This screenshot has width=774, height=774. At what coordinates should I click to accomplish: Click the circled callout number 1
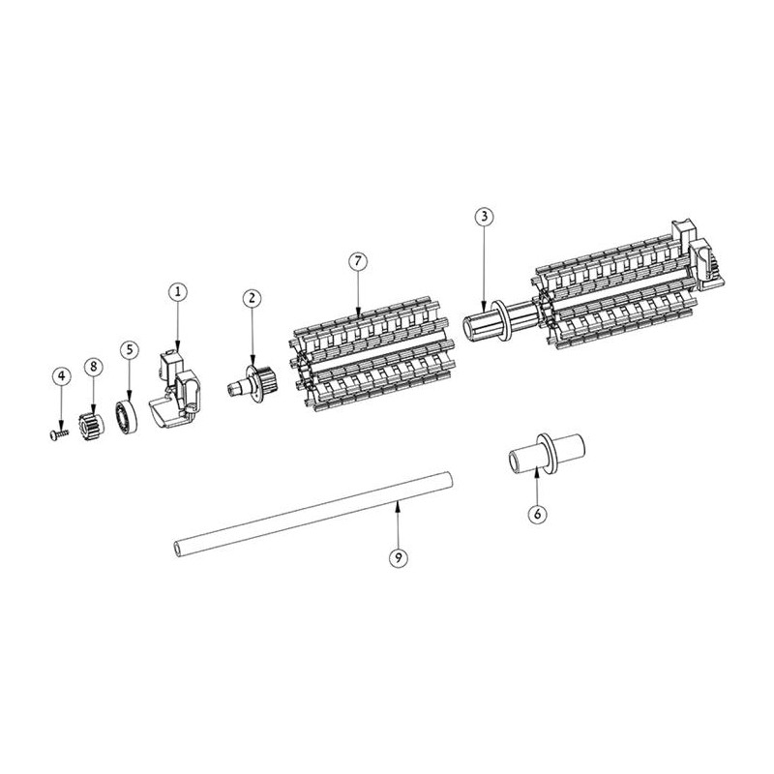tap(178, 292)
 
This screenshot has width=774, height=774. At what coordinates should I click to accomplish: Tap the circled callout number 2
tap(253, 298)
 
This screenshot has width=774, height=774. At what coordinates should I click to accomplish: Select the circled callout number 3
tap(484, 216)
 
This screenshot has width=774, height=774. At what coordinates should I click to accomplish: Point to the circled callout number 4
tap(61, 376)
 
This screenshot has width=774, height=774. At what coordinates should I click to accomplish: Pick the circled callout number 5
tap(130, 350)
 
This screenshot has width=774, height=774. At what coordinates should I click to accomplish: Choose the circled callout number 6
tap(537, 514)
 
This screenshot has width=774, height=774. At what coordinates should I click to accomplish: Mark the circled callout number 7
tap(358, 261)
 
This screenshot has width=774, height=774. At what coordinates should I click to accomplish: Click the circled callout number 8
tap(93, 367)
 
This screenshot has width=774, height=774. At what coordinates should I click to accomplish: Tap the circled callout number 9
tap(399, 558)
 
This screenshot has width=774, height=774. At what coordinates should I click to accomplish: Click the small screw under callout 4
tap(59, 433)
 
